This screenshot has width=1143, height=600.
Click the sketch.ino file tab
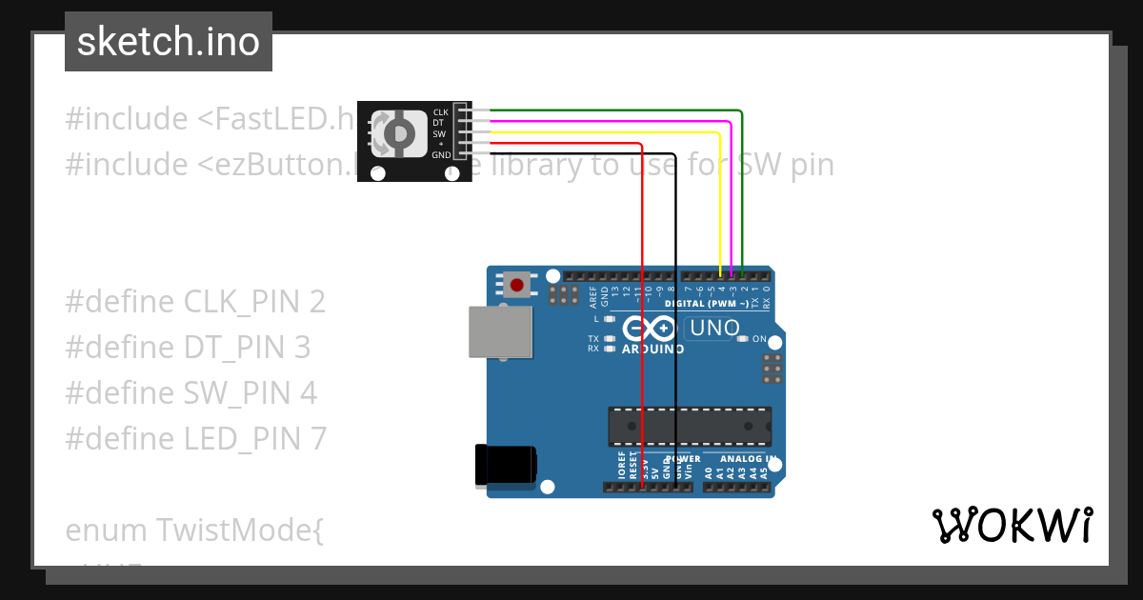[168, 42]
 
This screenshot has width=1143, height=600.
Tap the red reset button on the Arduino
[517, 284]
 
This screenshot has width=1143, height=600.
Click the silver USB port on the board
[499, 331]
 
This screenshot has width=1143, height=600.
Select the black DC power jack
[505, 467]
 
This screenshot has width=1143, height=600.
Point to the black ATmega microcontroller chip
[690, 426]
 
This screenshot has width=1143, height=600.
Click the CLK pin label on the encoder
[440, 112]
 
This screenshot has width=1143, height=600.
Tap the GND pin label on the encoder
[441, 154]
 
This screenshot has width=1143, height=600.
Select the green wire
[742, 190]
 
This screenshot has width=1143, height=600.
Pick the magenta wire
[731, 200]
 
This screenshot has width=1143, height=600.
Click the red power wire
[642, 314]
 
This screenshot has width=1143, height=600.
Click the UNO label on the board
[714, 329]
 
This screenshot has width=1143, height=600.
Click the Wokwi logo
[1012, 526]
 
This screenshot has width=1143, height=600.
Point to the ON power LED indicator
[743, 339]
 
